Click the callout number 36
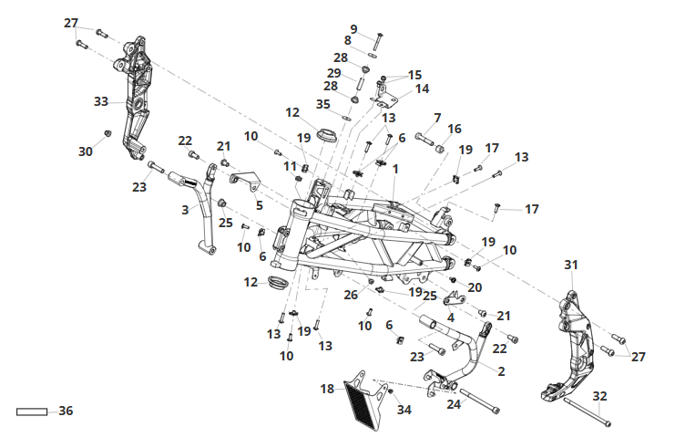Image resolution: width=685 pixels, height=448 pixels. click(x=66, y=411)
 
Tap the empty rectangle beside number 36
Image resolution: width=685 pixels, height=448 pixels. click(x=32, y=412)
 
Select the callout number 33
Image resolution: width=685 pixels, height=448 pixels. click(x=101, y=101)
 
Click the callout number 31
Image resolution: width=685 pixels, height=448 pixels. click(x=571, y=265)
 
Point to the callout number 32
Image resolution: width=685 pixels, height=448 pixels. click(x=599, y=396)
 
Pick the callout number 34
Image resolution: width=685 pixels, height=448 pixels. click(x=404, y=410)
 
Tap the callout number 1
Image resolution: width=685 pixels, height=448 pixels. click(x=395, y=169)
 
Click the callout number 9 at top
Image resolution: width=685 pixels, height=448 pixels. click(x=353, y=29)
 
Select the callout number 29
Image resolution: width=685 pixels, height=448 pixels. click(x=333, y=73)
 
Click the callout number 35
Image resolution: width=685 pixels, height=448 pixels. click(x=322, y=104)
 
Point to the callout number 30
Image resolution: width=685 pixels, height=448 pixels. click(x=86, y=151)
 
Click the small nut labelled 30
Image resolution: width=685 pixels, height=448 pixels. click(x=107, y=133)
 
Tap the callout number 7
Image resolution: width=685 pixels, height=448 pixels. click(x=437, y=118)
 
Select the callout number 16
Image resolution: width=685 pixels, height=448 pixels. click(x=455, y=129)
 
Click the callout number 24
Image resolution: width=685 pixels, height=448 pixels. click(x=454, y=404)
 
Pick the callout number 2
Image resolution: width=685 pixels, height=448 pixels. click(x=501, y=371)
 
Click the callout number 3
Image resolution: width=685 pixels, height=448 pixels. click(x=185, y=210)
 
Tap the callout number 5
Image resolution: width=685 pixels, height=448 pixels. click(x=260, y=205)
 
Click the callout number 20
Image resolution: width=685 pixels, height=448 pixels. click(x=475, y=287)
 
